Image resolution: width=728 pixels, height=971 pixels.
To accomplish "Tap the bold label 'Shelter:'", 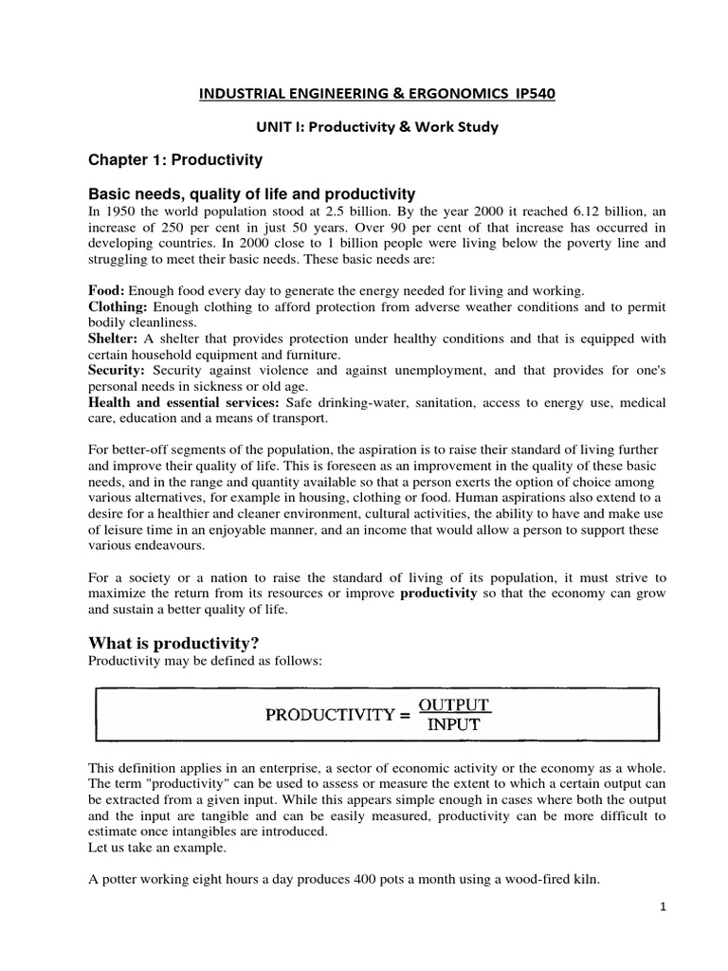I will [x=114, y=339].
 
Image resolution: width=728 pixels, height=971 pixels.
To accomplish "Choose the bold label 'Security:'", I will [x=118, y=371].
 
